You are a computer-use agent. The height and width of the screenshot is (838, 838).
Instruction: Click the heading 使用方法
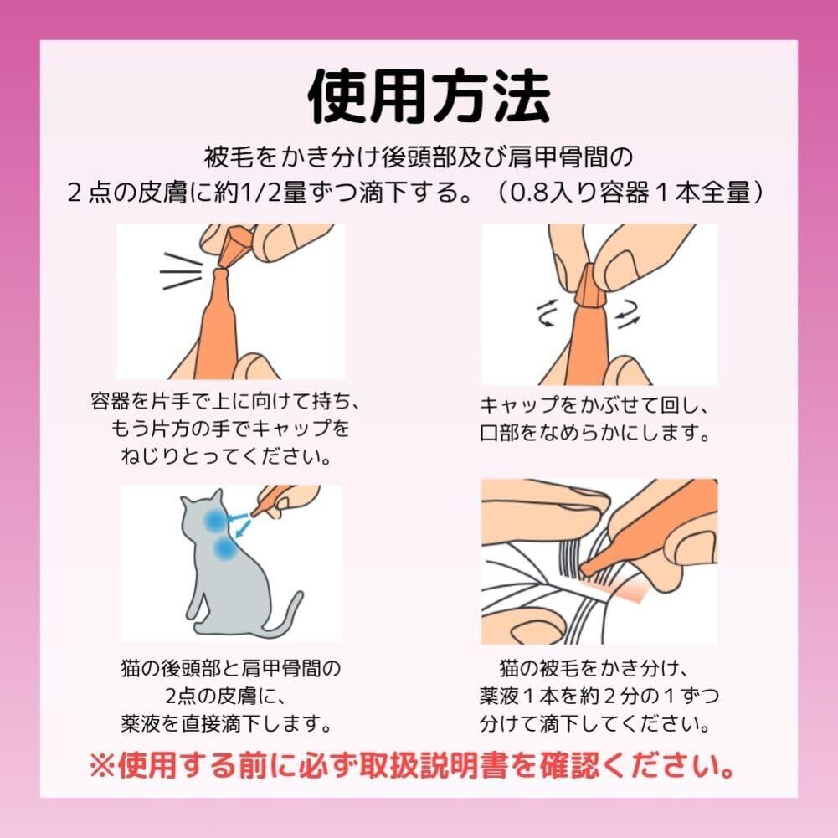[x=429, y=97]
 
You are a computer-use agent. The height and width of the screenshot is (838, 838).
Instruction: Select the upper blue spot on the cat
[x=213, y=518]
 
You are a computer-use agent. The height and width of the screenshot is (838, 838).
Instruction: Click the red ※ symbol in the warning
[x=102, y=767]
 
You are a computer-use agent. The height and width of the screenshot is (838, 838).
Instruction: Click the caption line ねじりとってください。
[x=226, y=456]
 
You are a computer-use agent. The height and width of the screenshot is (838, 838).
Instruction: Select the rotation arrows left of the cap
[x=548, y=312]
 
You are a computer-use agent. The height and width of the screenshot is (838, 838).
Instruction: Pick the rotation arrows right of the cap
[x=626, y=314]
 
